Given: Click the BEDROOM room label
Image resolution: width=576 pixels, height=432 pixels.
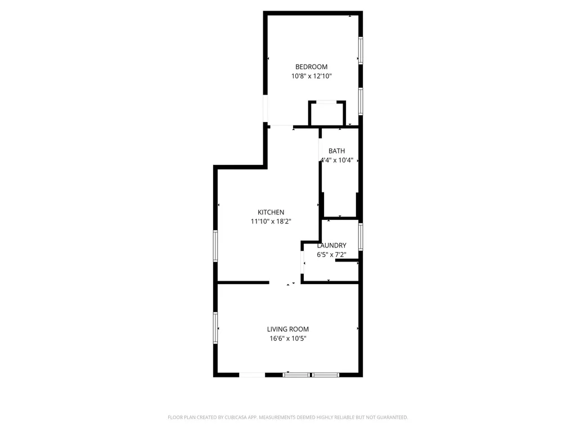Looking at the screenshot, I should (311, 67).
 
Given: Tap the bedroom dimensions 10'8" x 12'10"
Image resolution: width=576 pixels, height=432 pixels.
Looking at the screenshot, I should (311, 76).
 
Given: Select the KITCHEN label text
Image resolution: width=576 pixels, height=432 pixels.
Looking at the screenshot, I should (271, 212).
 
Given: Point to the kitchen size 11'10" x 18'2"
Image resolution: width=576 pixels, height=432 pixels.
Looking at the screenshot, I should (271, 221).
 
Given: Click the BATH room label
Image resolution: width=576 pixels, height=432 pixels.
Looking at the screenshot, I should (337, 151).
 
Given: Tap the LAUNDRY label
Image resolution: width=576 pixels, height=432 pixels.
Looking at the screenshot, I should (331, 245).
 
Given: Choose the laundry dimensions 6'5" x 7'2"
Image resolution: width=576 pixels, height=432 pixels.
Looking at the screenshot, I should (331, 254).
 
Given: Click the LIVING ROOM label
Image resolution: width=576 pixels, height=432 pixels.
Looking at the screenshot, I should (287, 329).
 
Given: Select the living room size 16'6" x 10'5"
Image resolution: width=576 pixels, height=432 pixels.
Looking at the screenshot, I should (287, 338).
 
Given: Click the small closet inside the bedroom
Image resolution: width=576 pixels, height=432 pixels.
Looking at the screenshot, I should (327, 114).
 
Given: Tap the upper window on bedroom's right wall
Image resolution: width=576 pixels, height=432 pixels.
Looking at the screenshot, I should (361, 51).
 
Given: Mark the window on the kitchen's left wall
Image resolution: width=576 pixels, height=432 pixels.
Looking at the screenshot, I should (215, 246).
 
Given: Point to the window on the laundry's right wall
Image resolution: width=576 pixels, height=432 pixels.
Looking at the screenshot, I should (361, 236).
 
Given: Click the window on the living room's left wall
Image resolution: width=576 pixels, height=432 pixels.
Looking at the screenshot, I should (215, 328).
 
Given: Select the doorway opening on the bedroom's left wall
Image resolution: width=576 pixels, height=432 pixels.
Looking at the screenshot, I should (266, 110).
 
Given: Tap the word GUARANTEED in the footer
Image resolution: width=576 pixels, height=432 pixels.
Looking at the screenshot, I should (390, 417).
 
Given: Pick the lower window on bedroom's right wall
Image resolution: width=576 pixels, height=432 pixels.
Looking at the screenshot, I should (361, 102).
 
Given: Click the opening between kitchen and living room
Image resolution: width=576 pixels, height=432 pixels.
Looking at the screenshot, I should (285, 282).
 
